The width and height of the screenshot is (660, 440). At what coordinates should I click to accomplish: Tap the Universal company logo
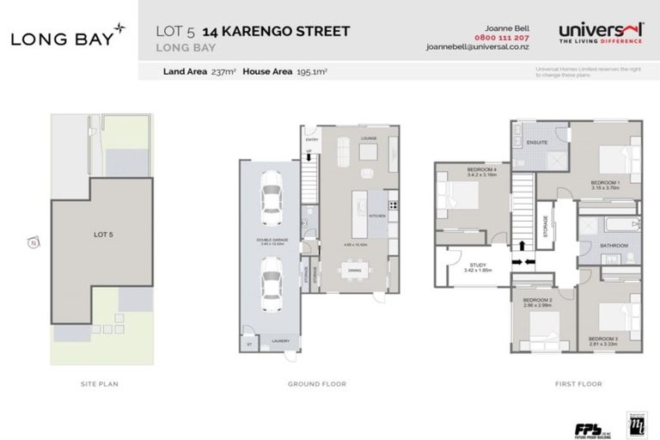pos(601,33)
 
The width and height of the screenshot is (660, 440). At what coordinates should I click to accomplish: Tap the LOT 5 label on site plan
pos(103,234)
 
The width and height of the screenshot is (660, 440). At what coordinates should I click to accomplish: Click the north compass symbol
pos(33,243)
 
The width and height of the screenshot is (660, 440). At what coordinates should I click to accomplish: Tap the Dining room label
pos(354,272)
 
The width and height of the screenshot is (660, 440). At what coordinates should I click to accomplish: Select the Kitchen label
pos(377,216)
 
